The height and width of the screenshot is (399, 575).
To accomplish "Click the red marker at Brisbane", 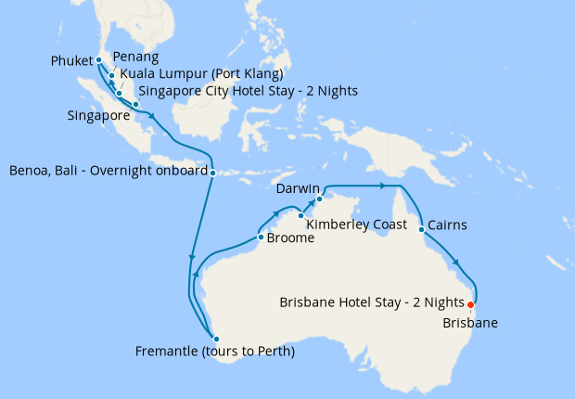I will point(471,304).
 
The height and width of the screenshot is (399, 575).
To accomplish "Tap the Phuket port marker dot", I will point(99,61).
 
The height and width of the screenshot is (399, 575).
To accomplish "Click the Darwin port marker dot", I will point(318,199).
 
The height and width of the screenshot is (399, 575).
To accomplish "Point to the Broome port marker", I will point(260,238).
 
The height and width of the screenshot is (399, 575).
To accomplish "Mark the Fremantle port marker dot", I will point(215,338).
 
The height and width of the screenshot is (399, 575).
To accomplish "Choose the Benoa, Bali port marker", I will point(212,172).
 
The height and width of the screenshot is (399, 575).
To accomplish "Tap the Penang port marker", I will point(111,76).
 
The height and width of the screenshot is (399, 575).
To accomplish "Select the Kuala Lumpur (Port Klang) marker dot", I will point(120,93).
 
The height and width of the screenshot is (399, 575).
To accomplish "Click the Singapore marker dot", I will point(136,105).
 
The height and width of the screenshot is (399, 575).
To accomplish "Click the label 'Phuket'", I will point(70,62).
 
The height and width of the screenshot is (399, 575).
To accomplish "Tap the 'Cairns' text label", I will point(448,225).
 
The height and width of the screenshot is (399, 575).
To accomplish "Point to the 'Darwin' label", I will point(296,188).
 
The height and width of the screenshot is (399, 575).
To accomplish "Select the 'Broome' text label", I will point(290,238).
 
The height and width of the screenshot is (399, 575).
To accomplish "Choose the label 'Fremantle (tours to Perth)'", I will point(214,352).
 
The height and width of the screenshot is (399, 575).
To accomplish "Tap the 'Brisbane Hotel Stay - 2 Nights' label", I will point(371,302).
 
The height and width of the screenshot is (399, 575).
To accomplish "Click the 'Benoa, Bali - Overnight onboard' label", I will point(107,172).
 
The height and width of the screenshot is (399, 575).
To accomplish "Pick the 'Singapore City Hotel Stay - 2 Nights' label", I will point(248,91).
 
